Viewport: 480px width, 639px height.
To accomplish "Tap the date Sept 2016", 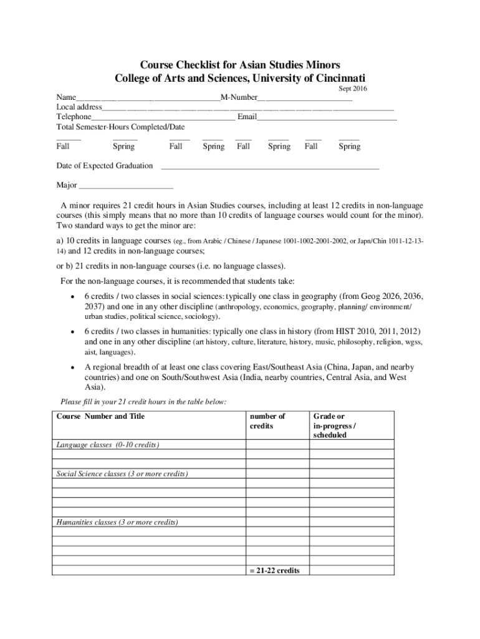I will click(353, 89).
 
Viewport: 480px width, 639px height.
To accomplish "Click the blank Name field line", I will click(148, 99).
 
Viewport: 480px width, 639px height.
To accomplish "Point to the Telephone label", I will click(74, 117).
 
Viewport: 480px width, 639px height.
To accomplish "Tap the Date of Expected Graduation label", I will click(104, 165).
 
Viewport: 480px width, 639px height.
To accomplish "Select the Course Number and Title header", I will click(100, 416).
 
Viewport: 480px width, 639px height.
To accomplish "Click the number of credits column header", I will click(267, 421).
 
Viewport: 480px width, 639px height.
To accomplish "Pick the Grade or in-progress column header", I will click(334, 426).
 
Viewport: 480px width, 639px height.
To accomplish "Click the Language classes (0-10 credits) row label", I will click(108, 445).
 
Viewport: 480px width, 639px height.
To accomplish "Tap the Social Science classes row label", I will click(122, 474).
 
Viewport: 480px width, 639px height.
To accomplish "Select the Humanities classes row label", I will click(117, 522).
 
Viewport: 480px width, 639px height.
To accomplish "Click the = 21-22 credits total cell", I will click(274, 570).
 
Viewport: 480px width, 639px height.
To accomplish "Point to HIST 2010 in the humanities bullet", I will click(348, 331).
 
